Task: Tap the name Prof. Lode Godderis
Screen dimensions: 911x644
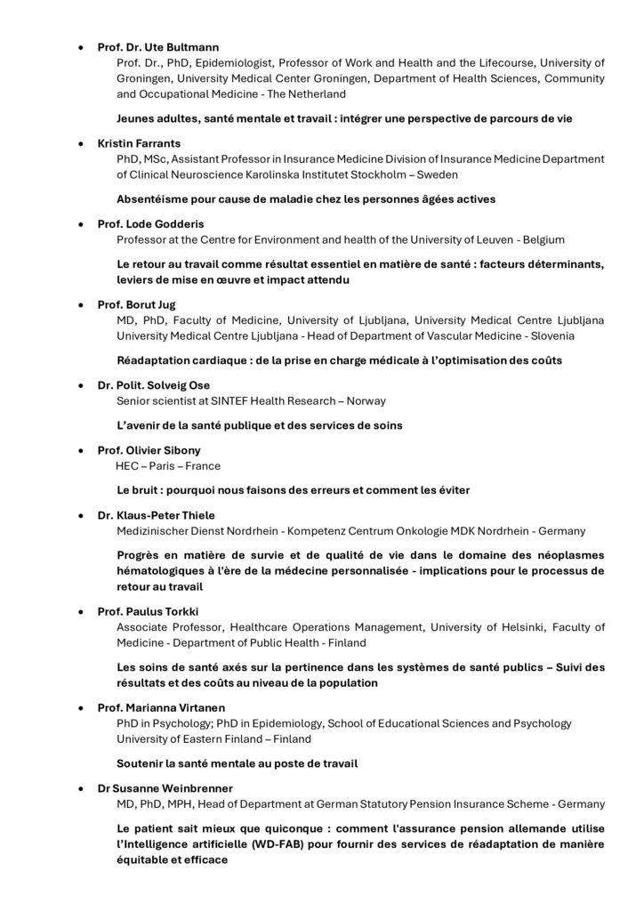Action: coord(147,223)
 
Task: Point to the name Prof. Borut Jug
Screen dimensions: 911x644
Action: coord(136,304)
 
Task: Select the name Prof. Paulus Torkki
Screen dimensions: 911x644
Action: coord(145,611)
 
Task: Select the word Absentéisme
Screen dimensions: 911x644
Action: coord(152,198)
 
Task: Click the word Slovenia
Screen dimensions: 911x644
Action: coord(553,336)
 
